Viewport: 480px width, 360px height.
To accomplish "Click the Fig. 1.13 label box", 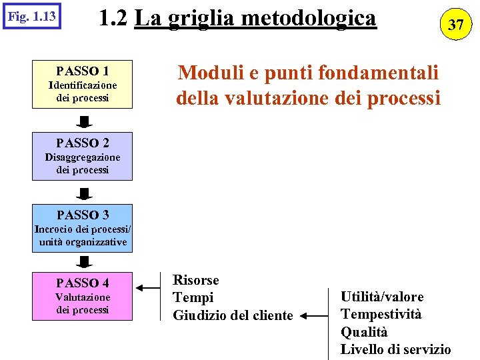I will [x=31, y=15].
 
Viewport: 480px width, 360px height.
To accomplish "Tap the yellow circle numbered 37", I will [x=455, y=25].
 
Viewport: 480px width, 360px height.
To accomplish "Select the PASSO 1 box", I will [x=83, y=84].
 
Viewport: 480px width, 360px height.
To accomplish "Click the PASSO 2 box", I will [x=83, y=156].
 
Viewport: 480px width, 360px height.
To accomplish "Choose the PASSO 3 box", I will [x=83, y=228].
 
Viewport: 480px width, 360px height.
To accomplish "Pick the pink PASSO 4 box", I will [x=83, y=296].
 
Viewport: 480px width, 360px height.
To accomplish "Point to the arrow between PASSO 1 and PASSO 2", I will [x=83, y=121].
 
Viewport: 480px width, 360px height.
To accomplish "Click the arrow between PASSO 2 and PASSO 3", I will [x=83, y=193].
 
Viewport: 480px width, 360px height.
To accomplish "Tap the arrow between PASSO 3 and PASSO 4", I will [x=83, y=261].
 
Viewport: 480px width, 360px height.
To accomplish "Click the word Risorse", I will [x=196, y=280].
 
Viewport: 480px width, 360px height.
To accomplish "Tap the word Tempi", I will [x=193, y=298].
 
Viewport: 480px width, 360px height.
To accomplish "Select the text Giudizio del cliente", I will [x=233, y=315].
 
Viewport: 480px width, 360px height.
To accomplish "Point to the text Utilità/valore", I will [x=382, y=297].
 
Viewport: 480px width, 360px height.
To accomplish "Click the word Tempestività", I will [x=381, y=314].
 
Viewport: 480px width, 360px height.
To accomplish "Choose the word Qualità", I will [x=364, y=332].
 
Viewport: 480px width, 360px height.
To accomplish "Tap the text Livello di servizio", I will [x=395, y=349].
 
